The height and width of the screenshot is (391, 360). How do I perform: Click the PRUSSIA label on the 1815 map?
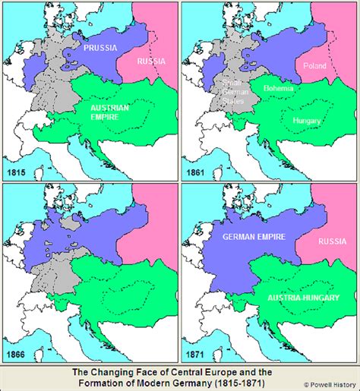pos(101,48)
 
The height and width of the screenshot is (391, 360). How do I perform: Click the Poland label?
pos(314,66)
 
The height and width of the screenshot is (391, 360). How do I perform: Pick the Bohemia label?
pos(279,87)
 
